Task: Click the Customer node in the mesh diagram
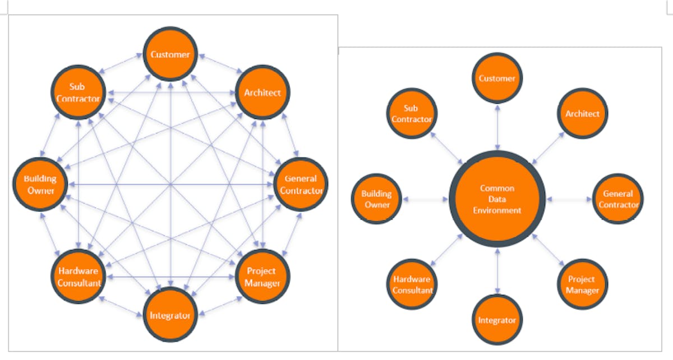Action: coord(170,54)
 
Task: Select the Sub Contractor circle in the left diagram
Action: coord(78,93)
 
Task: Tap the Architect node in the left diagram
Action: coord(262,93)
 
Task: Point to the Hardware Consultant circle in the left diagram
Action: coord(79,276)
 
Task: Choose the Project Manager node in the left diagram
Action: coord(262,276)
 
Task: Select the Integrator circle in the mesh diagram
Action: coord(170,315)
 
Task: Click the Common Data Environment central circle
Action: coord(497,199)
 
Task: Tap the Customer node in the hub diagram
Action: coord(497,79)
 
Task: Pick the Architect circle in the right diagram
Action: coord(582,114)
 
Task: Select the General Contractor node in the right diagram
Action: coord(617,199)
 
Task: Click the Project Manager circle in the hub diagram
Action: coord(582,284)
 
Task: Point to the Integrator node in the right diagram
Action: coord(497,320)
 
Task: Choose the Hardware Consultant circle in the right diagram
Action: coord(412,284)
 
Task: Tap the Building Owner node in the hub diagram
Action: coord(376,199)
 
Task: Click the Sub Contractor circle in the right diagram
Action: coord(412,114)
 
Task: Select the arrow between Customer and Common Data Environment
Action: coord(497,128)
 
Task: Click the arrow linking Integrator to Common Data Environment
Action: coord(497,270)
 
